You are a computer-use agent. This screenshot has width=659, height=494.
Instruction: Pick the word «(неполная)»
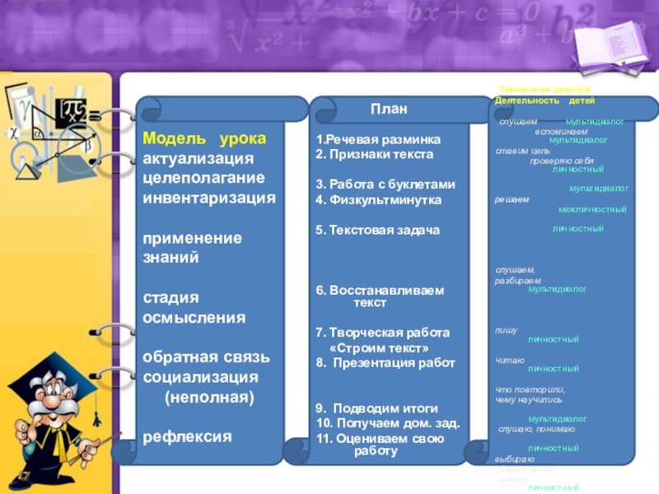pos(209,397)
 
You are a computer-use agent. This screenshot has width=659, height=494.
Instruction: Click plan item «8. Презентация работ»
pos(386,362)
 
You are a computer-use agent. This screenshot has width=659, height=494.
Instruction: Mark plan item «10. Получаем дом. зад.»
pos(388,423)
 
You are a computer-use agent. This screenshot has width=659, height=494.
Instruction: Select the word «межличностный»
pos(587,209)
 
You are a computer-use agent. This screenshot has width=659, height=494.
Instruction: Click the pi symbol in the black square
pos(72,113)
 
